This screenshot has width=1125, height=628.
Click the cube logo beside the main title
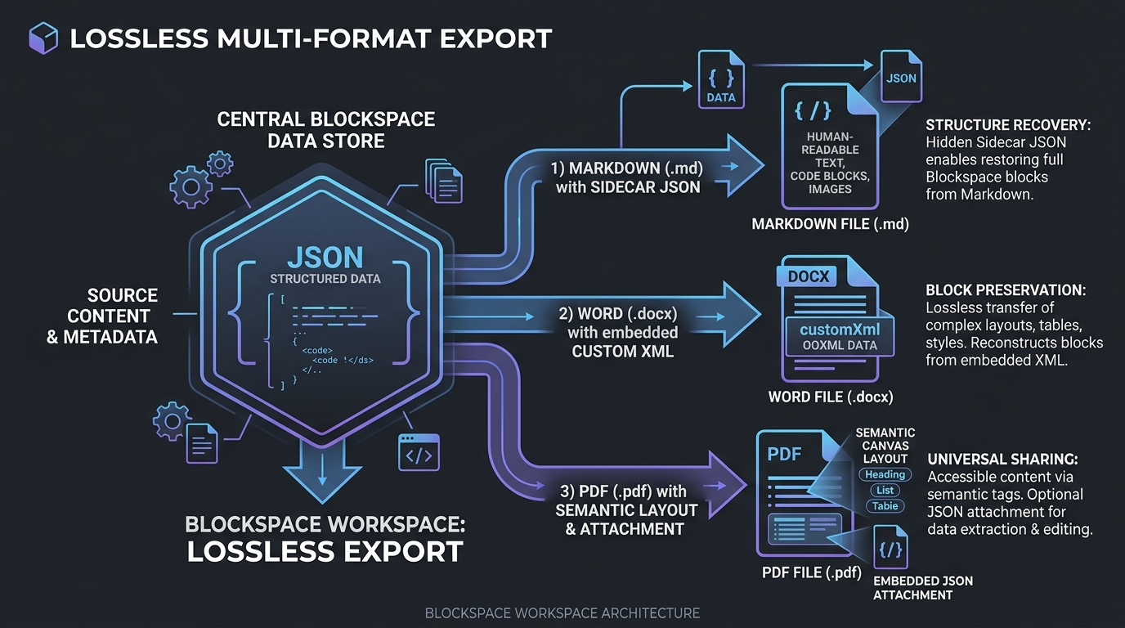point(43,38)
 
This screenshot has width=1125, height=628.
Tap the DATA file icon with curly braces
point(721,79)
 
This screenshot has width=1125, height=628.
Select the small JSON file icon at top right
point(901,76)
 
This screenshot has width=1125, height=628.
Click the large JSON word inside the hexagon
point(325,258)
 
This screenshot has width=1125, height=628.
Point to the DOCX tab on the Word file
point(808,276)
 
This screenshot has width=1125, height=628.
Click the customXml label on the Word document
point(840,330)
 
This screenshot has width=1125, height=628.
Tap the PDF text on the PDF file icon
point(784,454)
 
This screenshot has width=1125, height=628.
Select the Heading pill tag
point(885,474)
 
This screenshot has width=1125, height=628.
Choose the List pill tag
point(885,491)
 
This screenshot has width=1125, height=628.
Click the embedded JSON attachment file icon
point(891,547)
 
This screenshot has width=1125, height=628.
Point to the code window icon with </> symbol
point(419,452)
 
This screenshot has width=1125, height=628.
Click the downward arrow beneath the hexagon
point(322,469)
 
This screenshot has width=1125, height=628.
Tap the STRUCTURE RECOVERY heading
point(1008,125)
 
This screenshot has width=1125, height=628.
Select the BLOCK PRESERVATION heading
point(1006,290)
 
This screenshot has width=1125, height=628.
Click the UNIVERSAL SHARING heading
point(1002,460)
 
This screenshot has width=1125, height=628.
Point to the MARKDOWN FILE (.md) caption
point(830,224)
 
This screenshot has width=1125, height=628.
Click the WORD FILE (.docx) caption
point(831,397)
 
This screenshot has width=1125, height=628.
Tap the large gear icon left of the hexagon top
point(190,187)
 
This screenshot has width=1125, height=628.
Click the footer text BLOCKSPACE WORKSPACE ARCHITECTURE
point(562,613)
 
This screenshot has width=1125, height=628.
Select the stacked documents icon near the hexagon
point(444,181)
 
